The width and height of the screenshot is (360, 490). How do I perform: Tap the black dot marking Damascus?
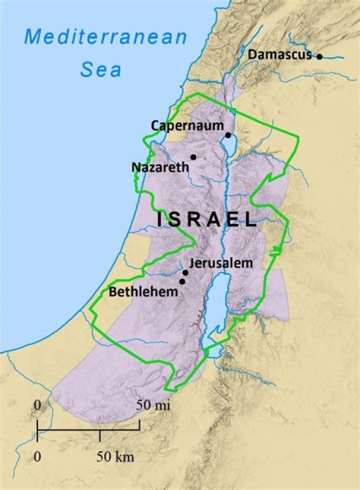point(319,56)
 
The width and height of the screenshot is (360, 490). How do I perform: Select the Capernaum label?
point(187,125)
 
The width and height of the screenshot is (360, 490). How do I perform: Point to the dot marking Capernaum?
point(228,135)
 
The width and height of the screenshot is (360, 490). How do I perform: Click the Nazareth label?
point(160,166)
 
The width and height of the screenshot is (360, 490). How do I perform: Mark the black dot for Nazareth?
point(193,157)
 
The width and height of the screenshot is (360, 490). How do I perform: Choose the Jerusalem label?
point(218,263)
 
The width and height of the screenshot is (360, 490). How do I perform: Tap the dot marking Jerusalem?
point(185,272)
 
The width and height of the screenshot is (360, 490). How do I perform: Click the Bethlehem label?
point(143,291)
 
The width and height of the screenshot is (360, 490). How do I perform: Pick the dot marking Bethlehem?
point(182,281)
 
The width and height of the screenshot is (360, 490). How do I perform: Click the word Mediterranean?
point(106,37)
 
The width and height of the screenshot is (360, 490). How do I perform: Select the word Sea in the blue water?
point(101,69)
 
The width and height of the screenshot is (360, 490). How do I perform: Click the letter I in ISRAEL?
point(161,219)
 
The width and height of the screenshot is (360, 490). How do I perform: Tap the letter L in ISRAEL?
point(248,219)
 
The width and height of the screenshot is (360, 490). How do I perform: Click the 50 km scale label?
point(115,456)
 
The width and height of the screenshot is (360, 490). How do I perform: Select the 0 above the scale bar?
point(37,404)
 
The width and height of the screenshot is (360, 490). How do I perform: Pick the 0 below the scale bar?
point(37,456)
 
